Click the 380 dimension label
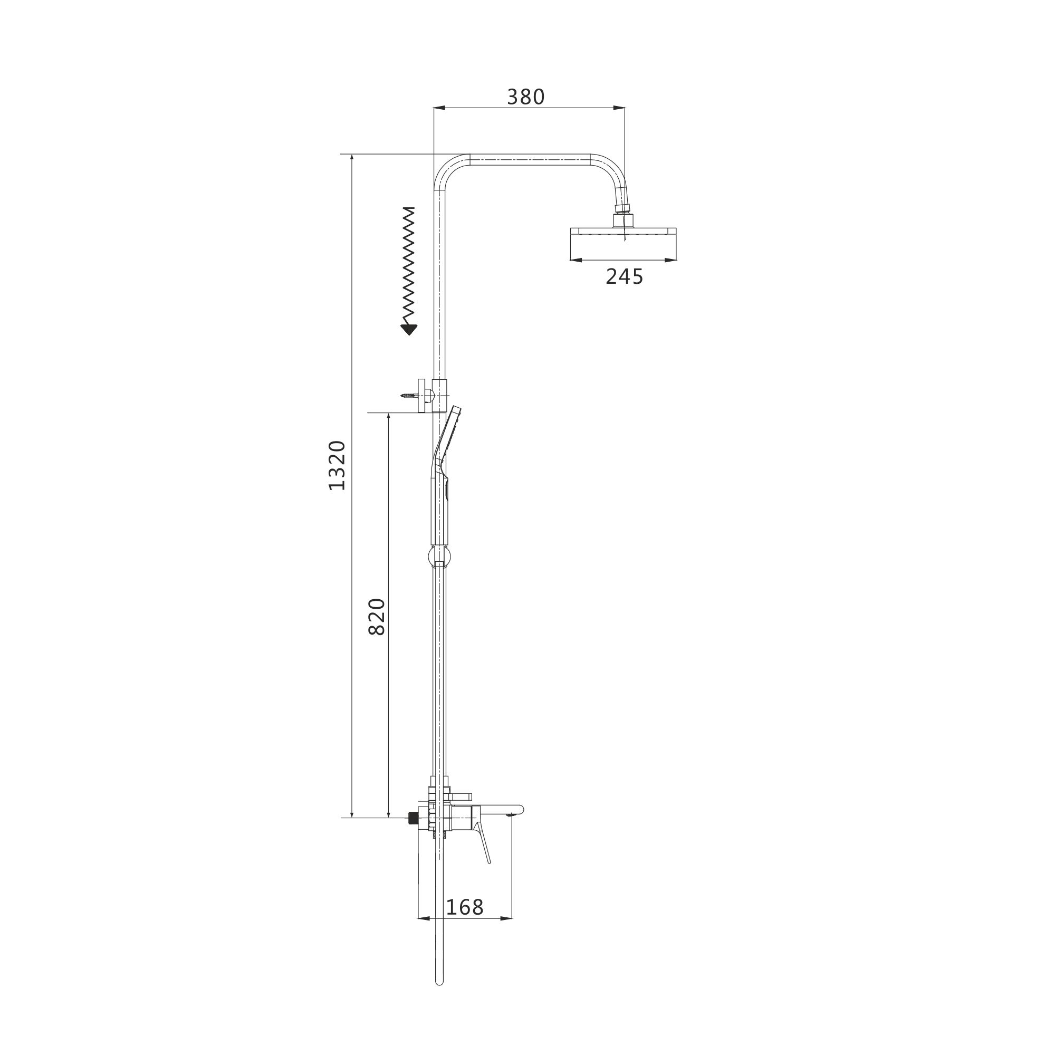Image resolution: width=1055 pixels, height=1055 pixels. [x=525, y=97]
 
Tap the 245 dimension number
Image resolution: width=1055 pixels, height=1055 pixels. [x=624, y=277]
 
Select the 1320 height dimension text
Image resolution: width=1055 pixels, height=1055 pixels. [x=337, y=465]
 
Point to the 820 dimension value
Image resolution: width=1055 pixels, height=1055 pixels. [x=377, y=617]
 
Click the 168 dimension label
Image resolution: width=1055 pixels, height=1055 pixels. [x=465, y=907]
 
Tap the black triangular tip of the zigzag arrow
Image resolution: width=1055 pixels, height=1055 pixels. [x=408, y=329]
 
